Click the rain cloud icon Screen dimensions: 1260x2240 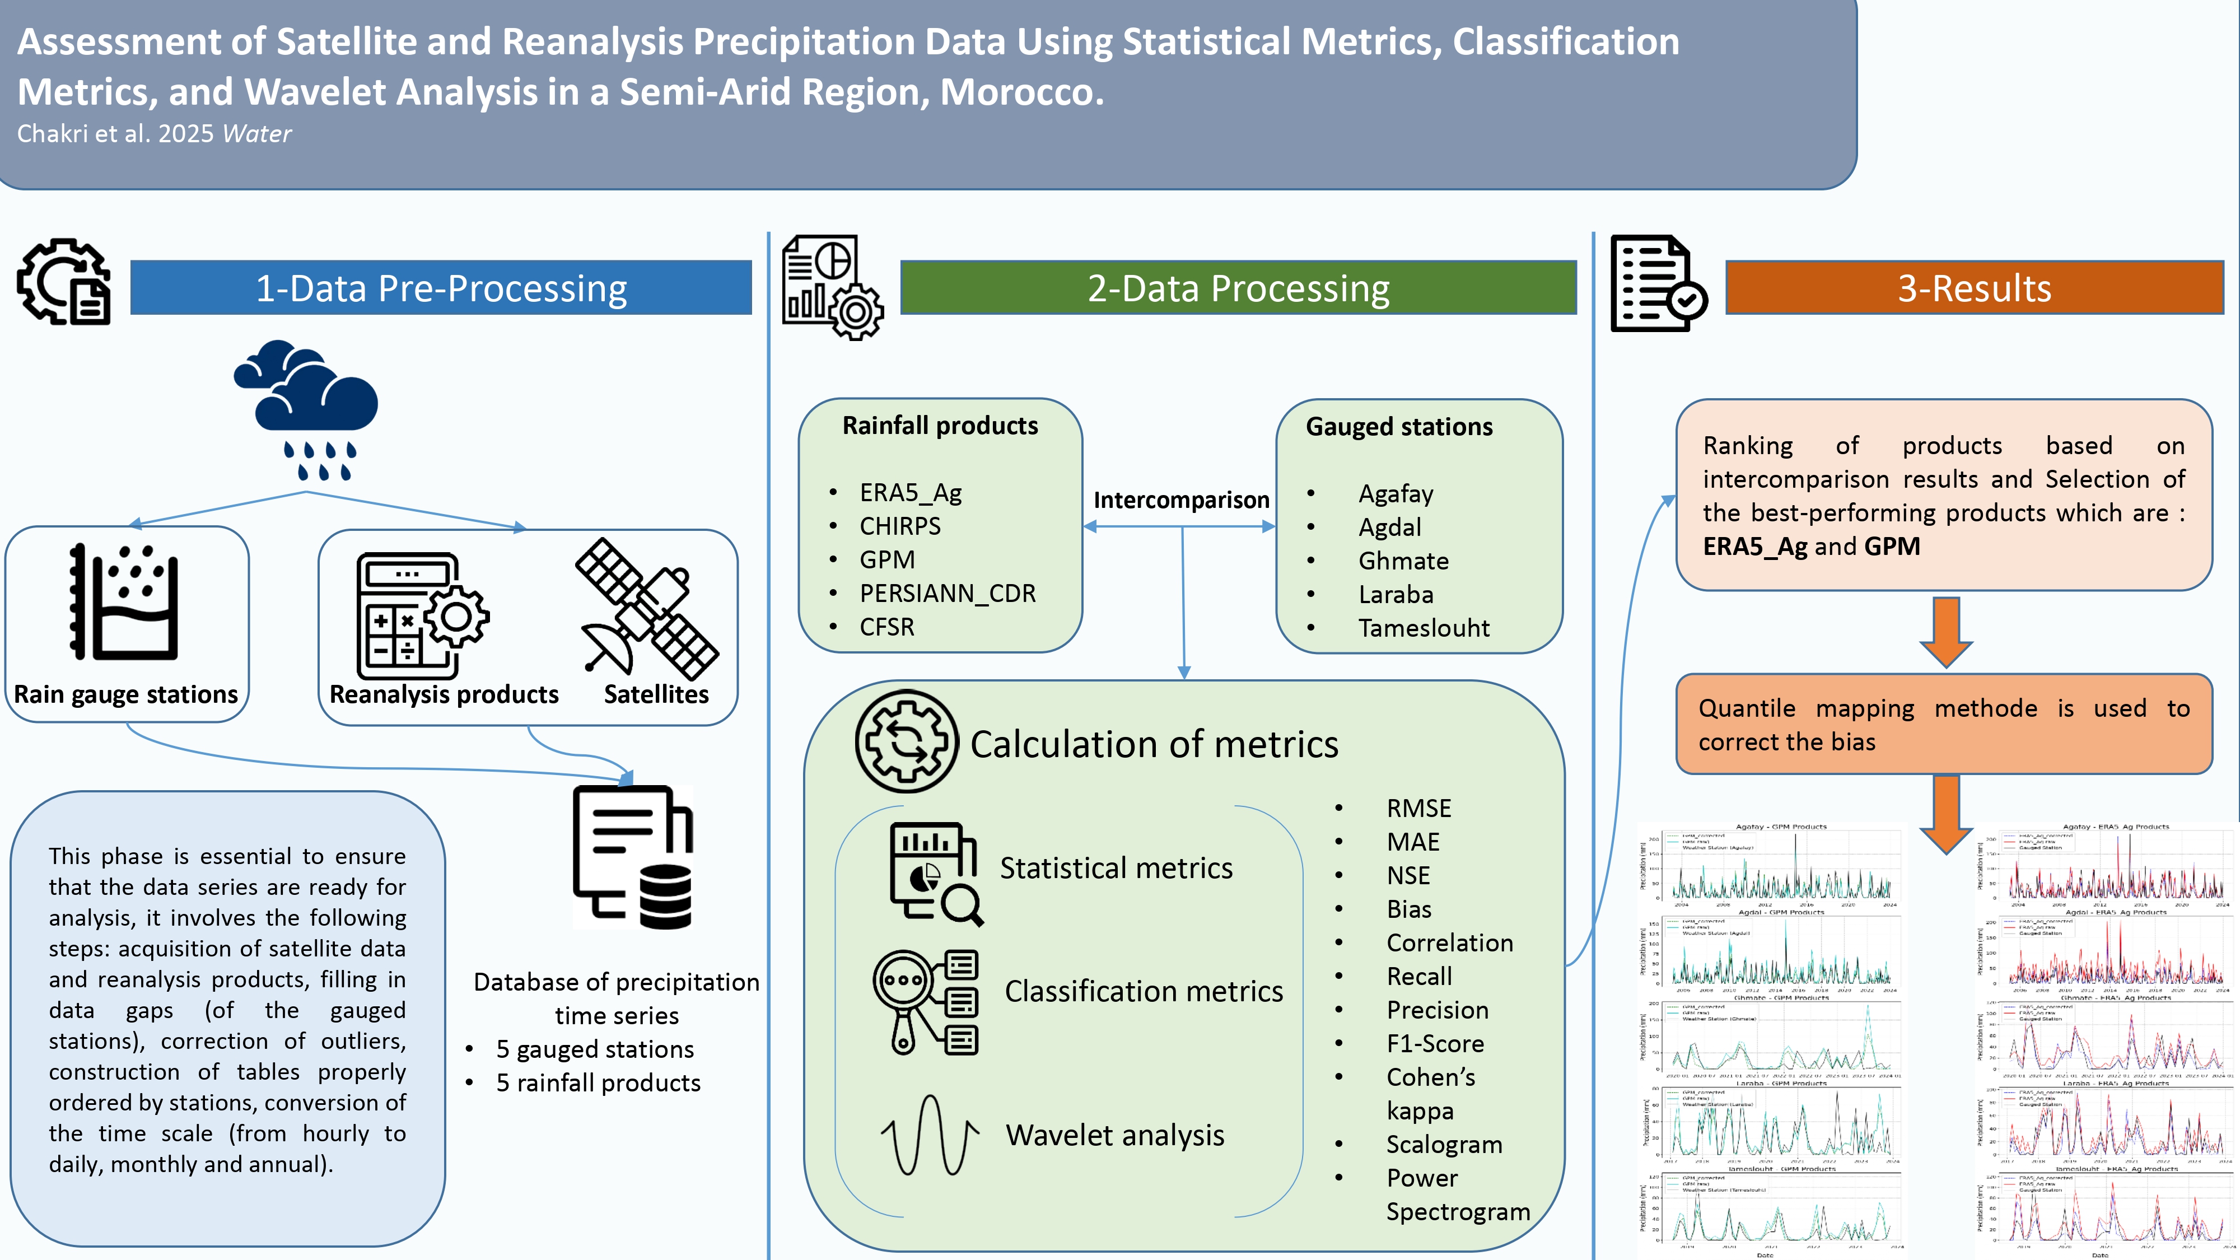coord(306,409)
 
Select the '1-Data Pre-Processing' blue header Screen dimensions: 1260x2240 coord(441,288)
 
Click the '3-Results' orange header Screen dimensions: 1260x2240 coord(1974,288)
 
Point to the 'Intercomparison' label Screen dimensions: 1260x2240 coord(1181,500)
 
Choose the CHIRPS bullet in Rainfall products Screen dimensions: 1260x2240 coord(900,526)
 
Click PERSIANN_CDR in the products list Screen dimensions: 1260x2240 coord(947,593)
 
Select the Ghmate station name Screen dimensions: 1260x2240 coord(1403,561)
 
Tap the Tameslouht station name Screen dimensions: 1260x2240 coord(1424,628)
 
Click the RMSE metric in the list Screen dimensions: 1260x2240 coord(1418,809)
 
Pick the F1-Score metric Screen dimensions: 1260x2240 coord(1435,1043)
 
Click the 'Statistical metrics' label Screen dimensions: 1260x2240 coord(1116,868)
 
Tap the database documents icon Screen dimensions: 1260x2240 coord(633,857)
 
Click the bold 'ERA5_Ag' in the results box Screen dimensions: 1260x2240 coord(1754,546)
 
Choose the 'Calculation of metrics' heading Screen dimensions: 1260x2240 coord(1154,744)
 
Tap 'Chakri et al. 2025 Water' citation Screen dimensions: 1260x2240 coord(154,134)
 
